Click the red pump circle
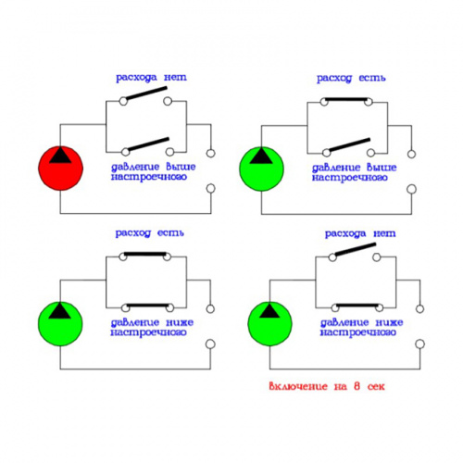[x=60, y=169]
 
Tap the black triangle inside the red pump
[x=60, y=155]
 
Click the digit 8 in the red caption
[x=357, y=386]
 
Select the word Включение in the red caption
[x=298, y=386]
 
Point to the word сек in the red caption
[x=376, y=386]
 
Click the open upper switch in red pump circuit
[x=146, y=94]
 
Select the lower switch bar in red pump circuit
[x=148, y=144]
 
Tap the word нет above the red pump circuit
[x=175, y=77]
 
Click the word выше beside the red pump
[x=181, y=167]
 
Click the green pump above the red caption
[x=269, y=323]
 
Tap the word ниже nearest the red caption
[x=389, y=322]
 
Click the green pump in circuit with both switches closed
[x=60, y=323]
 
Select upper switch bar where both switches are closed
[x=145, y=254]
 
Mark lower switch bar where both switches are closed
[x=148, y=306]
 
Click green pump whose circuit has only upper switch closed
[x=261, y=169]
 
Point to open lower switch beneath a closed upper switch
[x=349, y=145]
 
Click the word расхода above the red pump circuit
[x=136, y=78]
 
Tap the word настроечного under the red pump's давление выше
[x=149, y=177]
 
